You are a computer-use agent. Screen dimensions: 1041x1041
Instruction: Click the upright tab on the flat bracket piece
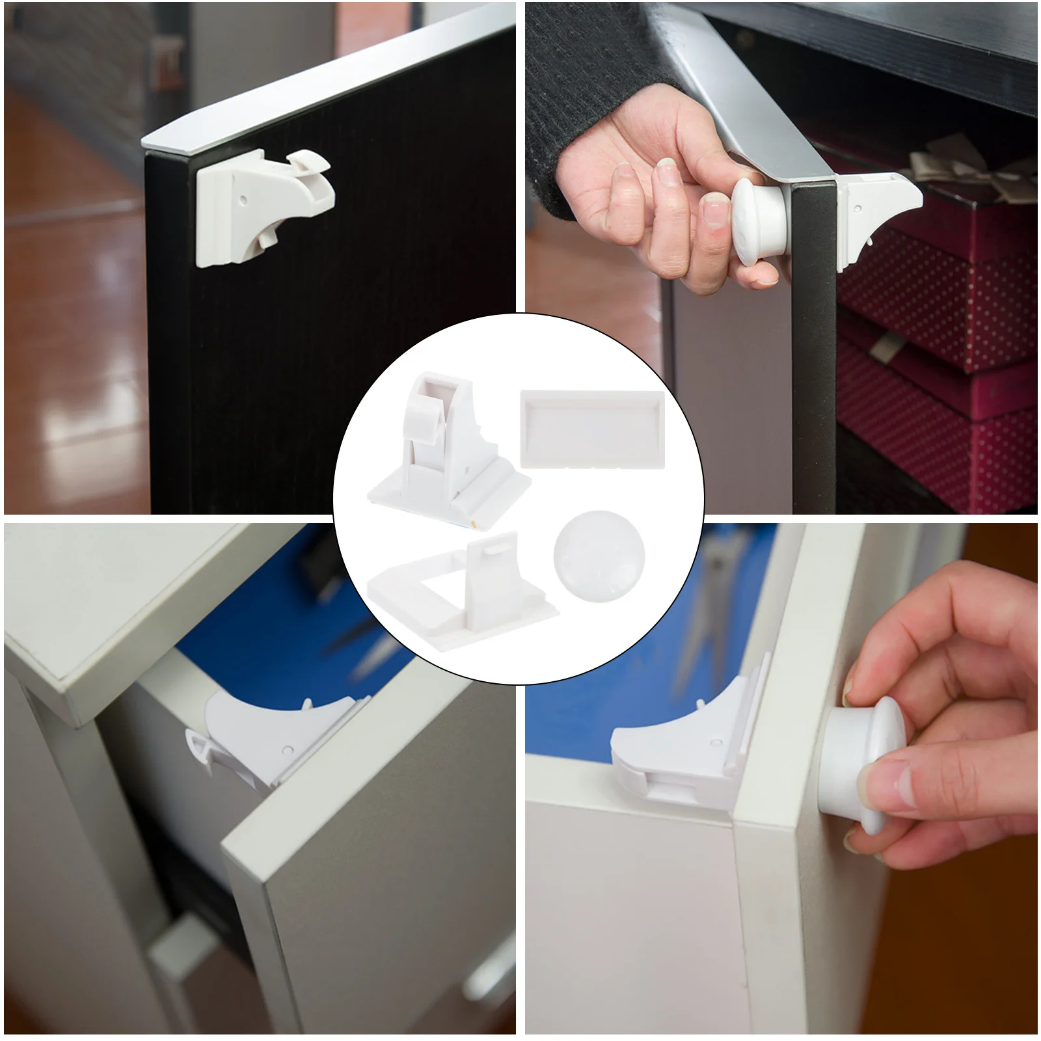click(x=492, y=573)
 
